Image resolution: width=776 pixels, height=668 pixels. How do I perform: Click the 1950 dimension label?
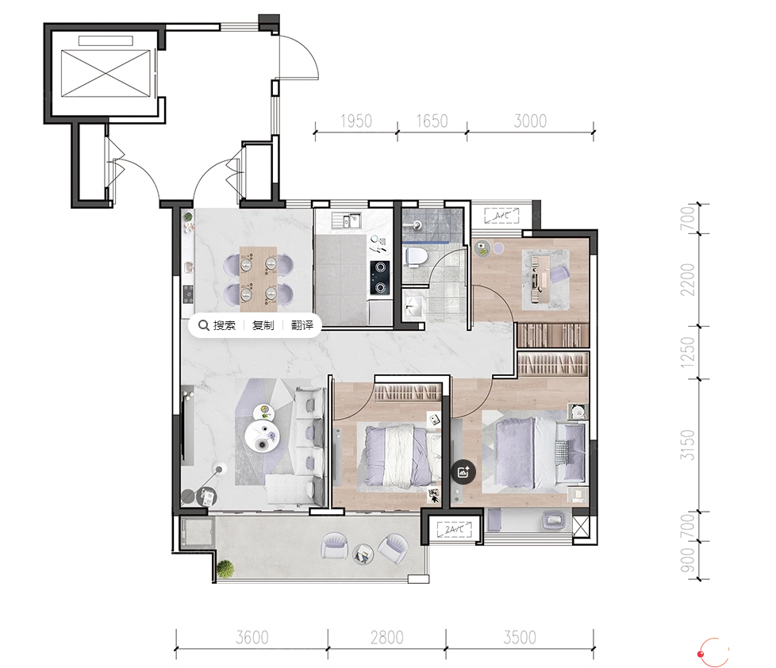pyautogui.click(x=355, y=121)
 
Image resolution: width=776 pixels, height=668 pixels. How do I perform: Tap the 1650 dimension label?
pyautogui.click(x=432, y=121)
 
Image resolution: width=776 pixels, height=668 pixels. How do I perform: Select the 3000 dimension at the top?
pyautogui.click(x=530, y=121)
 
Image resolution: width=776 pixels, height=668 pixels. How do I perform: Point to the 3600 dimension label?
pyautogui.click(x=252, y=637)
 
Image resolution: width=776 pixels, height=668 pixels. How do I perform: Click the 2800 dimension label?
pyautogui.click(x=387, y=637)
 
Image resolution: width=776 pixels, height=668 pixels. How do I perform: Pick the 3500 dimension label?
pyautogui.click(x=520, y=637)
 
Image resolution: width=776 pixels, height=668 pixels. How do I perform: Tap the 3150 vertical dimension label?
pyautogui.click(x=688, y=445)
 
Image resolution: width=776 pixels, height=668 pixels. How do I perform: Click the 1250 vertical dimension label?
pyautogui.click(x=688, y=352)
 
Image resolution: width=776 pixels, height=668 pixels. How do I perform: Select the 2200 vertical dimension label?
pyautogui.click(x=688, y=279)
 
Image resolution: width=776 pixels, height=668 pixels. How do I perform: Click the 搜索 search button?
pyautogui.click(x=217, y=325)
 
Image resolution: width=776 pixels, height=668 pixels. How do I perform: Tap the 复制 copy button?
pyautogui.click(x=263, y=325)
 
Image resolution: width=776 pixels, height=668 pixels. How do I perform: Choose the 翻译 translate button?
pyautogui.click(x=302, y=325)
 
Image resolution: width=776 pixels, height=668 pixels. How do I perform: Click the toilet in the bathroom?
pyautogui.click(x=416, y=256)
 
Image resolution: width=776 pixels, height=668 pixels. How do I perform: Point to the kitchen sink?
pyautogui.click(x=347, y=221)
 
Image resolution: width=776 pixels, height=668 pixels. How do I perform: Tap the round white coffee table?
pyautogui.click(x=263, y=436)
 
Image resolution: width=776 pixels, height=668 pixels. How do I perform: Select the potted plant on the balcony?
pyautogui.click(x=225, y=568)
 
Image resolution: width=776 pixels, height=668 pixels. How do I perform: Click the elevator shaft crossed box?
pyautogui.click(x=106, y=74)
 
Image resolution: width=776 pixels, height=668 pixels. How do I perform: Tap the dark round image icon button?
pyautogui.click(x=463, y=472)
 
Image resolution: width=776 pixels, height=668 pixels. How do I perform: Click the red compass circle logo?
pyautogui.click(x=713, y=652)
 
